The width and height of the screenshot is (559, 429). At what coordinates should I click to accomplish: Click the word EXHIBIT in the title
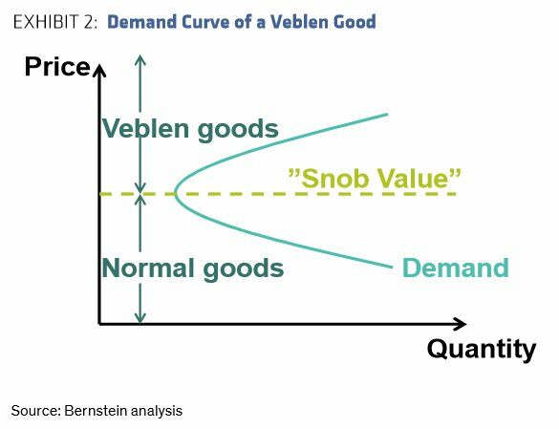click(x=47, y=22)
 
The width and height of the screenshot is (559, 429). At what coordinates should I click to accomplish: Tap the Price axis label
click(x=57, y=67)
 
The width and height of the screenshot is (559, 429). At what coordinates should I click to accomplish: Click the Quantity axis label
click(x=482, y=349)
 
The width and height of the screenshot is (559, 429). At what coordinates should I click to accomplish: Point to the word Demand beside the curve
click(x=455, y=268)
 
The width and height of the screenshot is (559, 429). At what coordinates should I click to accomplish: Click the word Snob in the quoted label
click(x=335, y=179)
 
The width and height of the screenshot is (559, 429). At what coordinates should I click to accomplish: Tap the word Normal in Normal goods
click(x=149, y=268)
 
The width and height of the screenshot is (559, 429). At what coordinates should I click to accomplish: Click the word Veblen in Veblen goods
click(x=145, y=128)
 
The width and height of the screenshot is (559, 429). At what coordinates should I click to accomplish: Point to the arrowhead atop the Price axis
click(x=99, y=70)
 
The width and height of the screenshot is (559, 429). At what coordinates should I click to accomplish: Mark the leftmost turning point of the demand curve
click(x=175, y=193)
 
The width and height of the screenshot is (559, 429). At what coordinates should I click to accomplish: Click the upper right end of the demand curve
click(x=387, y=114)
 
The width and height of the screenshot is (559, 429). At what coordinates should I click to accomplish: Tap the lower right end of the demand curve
click(x=392, y=267)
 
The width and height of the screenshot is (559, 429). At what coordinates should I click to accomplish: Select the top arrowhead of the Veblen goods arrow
click(x=140, y=60)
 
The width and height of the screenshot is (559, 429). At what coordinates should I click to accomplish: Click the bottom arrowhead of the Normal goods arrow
click(x=140, y=318)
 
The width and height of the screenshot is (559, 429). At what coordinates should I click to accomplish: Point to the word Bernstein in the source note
click(x=96, y=411)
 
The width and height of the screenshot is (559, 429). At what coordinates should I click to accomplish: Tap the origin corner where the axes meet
click(x=99, y=324)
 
